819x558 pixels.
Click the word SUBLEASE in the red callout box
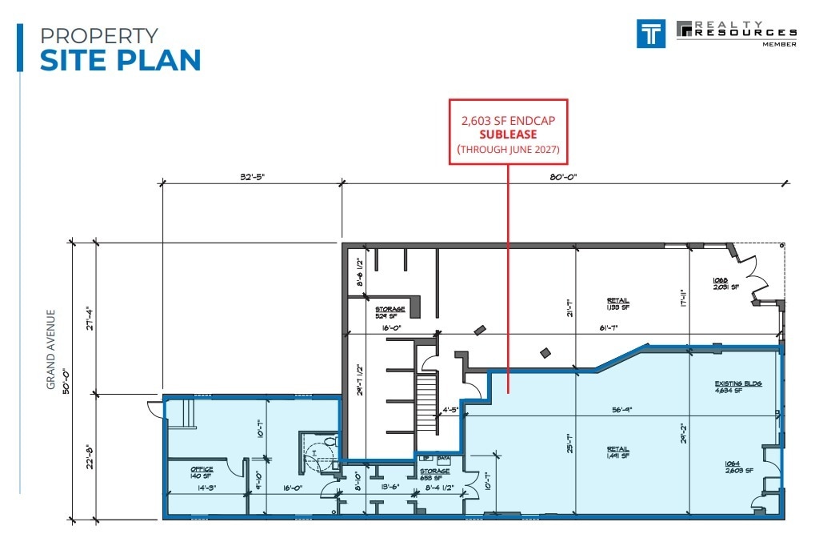[508, 134]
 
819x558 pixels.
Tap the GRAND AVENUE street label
[50, 350]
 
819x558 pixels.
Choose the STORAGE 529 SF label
[390, 312]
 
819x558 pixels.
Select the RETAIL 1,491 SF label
[618, 454]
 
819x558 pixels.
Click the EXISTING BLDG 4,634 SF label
[738, 387]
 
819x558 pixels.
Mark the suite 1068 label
[721, 283]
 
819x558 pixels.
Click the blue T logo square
[652, 33]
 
